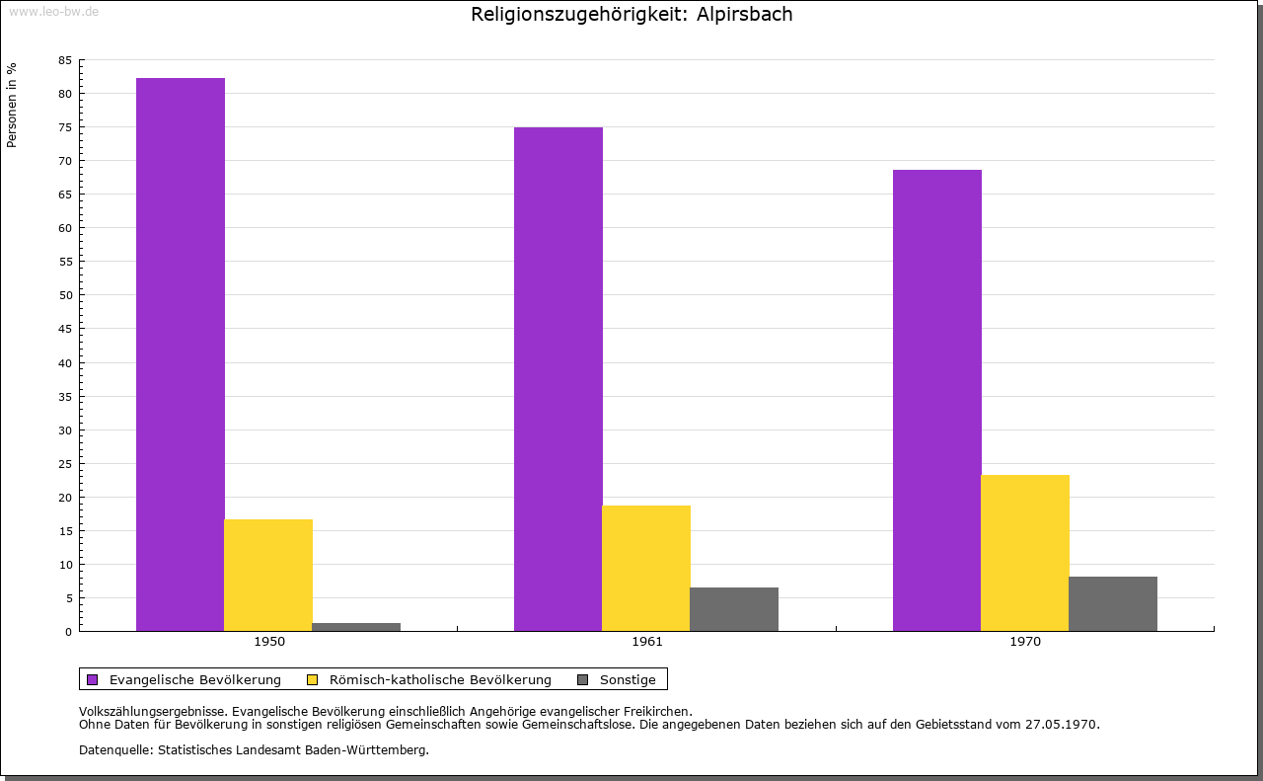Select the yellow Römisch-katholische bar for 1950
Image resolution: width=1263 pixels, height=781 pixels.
[268, 575]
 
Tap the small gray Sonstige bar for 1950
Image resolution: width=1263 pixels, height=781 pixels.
[356, 626]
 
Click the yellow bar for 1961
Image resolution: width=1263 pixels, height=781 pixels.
[646, 568]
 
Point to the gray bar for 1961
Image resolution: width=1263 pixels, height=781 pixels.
[734, 609]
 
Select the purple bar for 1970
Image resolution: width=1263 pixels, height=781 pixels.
[937, 400]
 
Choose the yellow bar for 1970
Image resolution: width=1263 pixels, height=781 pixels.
[1025, 553]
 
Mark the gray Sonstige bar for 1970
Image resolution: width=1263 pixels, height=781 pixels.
[1113, 603]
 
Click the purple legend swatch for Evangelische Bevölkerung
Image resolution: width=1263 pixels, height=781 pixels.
[93, 679]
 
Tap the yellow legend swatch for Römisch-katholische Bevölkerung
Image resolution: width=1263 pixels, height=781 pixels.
[312, 679]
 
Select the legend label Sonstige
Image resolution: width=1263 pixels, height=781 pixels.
[628, 679]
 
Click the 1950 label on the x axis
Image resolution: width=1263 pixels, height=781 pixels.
[269, 642]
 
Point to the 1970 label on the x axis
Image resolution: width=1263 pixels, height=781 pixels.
[1025, 642]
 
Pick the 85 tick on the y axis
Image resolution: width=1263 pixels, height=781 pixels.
[64, 60]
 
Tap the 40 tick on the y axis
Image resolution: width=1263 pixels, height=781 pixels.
[64, 362]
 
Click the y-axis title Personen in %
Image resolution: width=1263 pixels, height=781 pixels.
[12, 105]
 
